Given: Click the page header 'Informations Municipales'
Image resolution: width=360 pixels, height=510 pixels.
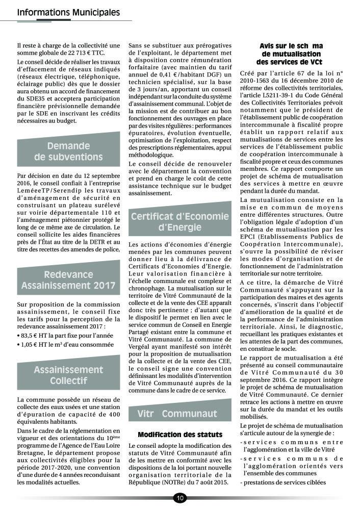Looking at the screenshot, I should pyautogui.click(x=68, y=12).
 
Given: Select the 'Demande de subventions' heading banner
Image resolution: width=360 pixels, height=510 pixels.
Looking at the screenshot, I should pyautogui.click(x=68, y=151).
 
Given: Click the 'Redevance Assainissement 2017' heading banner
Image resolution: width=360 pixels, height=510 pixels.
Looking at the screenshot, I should pyautogui.click(x=68, y=280).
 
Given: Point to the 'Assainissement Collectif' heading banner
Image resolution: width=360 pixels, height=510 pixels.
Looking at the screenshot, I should pyautogui.click(x=68, y=375).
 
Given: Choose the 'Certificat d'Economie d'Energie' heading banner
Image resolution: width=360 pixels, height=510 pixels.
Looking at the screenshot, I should pyautogui.click(x=180, y=222).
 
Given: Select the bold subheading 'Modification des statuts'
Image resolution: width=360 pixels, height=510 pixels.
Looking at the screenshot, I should pyautogui.click(x=180, y=435).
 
